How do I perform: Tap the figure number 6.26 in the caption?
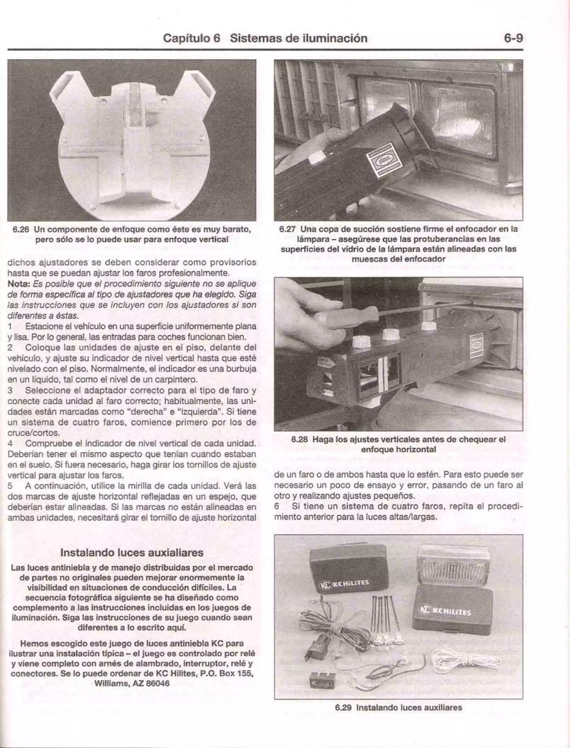click(22, 229)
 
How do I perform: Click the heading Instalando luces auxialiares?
click(132, 553)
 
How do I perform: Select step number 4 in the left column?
click(11, 443)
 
